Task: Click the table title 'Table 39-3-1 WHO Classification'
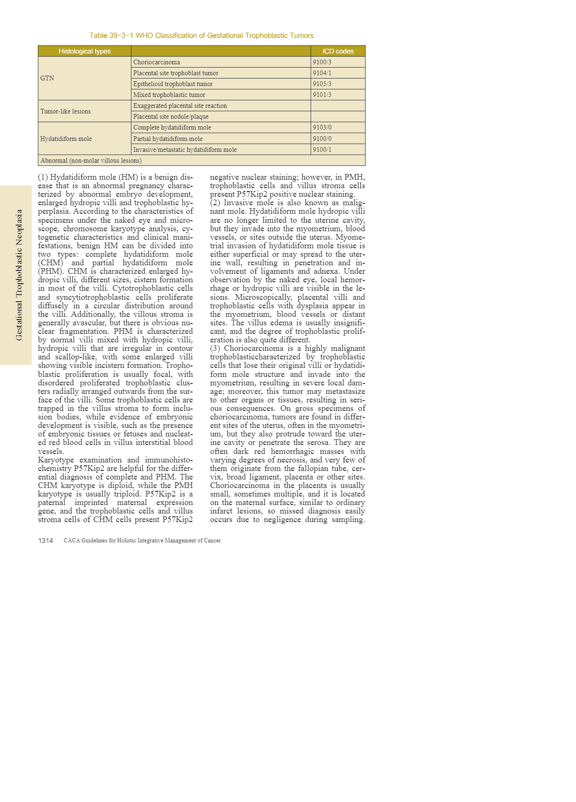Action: click(201, 35)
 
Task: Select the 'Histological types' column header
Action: click(84, 51)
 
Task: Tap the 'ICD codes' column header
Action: click(338, 51)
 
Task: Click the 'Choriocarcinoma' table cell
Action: click(157, 62)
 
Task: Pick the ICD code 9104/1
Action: click(322, 73)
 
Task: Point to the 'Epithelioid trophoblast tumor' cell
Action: click(173, 84)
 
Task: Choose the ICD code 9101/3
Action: click(322, 95)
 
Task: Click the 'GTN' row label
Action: click(47, 78)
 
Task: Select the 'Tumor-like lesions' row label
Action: click(65, 111)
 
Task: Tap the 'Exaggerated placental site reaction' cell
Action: click(180, 105)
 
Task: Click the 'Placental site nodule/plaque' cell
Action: click(171, 116)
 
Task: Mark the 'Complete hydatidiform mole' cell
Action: click(172, 127)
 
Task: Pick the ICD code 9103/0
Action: click(322, 127)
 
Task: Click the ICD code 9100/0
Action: click(322, 139)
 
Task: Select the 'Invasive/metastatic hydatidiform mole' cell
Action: click(185, 149)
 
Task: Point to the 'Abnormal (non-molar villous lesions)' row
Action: click(91, 160)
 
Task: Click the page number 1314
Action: click(45, 540)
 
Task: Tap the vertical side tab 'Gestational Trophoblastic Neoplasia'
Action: click(19, 275)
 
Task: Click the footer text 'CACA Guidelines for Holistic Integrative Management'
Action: click(142, 540)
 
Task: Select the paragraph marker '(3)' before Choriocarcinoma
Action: click(215, 349)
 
